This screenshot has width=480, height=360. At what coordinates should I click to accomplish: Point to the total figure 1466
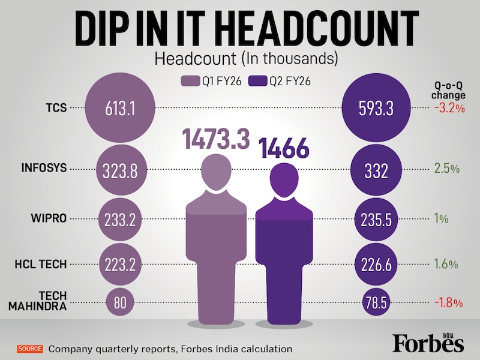pyautogui.click(x=283, y=148)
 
